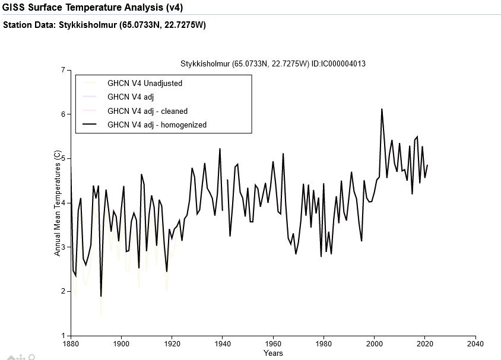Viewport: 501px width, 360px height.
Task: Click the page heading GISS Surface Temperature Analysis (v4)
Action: point(92,7)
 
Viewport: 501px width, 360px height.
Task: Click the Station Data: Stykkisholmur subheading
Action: point(104,25)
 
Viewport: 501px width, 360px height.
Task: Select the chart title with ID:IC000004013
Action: point(277,63)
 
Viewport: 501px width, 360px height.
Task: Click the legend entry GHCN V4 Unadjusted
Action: point(145,84)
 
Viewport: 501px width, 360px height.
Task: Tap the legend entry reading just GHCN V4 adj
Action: point(131,97)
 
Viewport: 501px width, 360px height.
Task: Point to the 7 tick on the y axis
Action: point(62,70)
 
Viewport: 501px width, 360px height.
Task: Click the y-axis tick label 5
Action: point(62,158)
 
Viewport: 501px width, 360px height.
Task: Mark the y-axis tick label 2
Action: point(62,291)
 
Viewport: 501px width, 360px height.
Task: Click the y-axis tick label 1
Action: point(62,336)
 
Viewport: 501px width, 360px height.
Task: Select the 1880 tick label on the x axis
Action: point(71,344)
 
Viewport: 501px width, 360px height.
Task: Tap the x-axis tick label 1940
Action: point(223,344)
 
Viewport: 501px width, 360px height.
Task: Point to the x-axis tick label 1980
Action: point(324,344)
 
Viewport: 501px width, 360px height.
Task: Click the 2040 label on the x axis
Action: point(475,344)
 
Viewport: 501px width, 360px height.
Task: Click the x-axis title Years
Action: point(273,353)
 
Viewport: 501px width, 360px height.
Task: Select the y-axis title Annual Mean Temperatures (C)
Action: point(58,203)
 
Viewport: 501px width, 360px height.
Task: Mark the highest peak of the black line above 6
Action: point(382,109)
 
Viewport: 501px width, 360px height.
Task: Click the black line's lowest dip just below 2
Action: point(101,296)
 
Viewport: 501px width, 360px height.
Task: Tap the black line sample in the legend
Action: point(90,125)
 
